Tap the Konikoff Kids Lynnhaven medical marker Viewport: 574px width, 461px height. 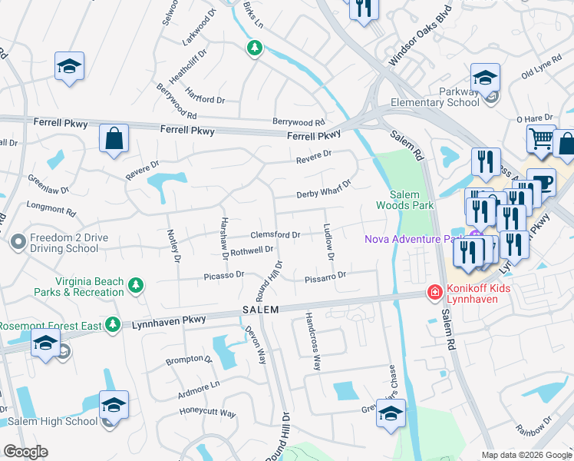point(434,293)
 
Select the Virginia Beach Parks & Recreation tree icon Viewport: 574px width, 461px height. point(136,286)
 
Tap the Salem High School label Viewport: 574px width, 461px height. point(49,421)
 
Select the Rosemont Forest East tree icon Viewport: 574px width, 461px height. point(114,325)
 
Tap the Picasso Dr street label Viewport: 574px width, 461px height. point(223,274)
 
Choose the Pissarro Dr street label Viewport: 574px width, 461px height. point(325,274)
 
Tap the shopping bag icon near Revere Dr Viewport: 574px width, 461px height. point(114,139)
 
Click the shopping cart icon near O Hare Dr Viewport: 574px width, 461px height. point(541,139)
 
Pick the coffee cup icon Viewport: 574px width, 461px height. point(541,183)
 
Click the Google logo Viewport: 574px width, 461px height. point(25,452)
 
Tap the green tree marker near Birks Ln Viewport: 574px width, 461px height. point(254,49)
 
